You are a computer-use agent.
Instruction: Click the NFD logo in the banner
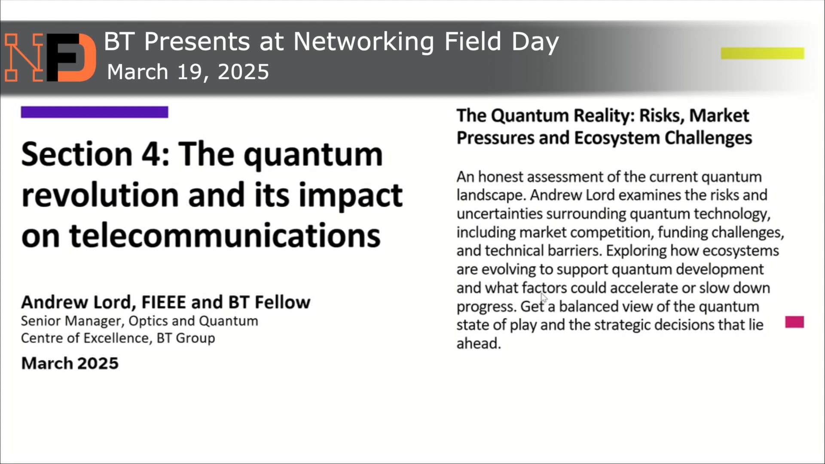click(x=50, y=57)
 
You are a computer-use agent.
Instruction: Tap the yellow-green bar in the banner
click(x=762, y=53)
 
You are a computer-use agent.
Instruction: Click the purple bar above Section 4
click(x=95, y=112)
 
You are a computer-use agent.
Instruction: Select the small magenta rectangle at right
click(x=794, y=322)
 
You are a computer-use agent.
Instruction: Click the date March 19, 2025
click(x=188, y=72)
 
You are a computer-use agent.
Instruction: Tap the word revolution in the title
click(x=100, y=195)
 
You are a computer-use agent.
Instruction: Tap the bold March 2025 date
click(x=70, y=363)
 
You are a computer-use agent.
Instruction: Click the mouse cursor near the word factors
click(x=544, y=298)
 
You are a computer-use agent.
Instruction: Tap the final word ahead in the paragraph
click(x=478, y=343)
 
